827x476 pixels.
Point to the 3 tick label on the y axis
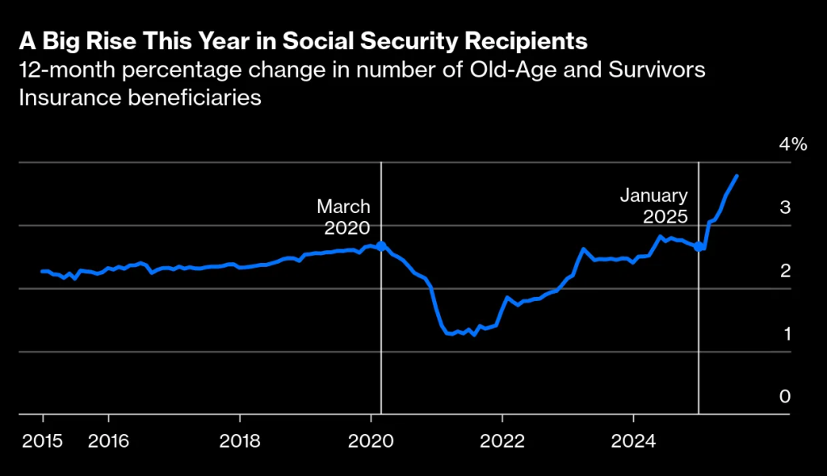click(x=785, y=207)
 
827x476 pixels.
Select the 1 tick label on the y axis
click(x=785, y=333)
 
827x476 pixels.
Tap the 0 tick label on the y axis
click(x=784, y=396)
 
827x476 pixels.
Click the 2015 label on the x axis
click(x=43, y=441)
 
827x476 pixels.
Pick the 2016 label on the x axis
click(x=108, y=441)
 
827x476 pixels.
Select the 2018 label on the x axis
click(x=240, y=441)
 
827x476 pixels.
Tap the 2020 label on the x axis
click(x=371, y=441)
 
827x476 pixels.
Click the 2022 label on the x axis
click(x=502, y=441)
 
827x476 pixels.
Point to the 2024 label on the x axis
click(x=634, y=441)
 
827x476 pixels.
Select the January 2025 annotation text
click(x=653, y=206)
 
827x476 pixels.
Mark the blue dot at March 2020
click(x=381, y=245)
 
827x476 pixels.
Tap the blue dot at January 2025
click(x=699, y=247)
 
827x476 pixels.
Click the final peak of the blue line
click(x=737, y=176)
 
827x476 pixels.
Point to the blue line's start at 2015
click(x=42, y=271)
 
